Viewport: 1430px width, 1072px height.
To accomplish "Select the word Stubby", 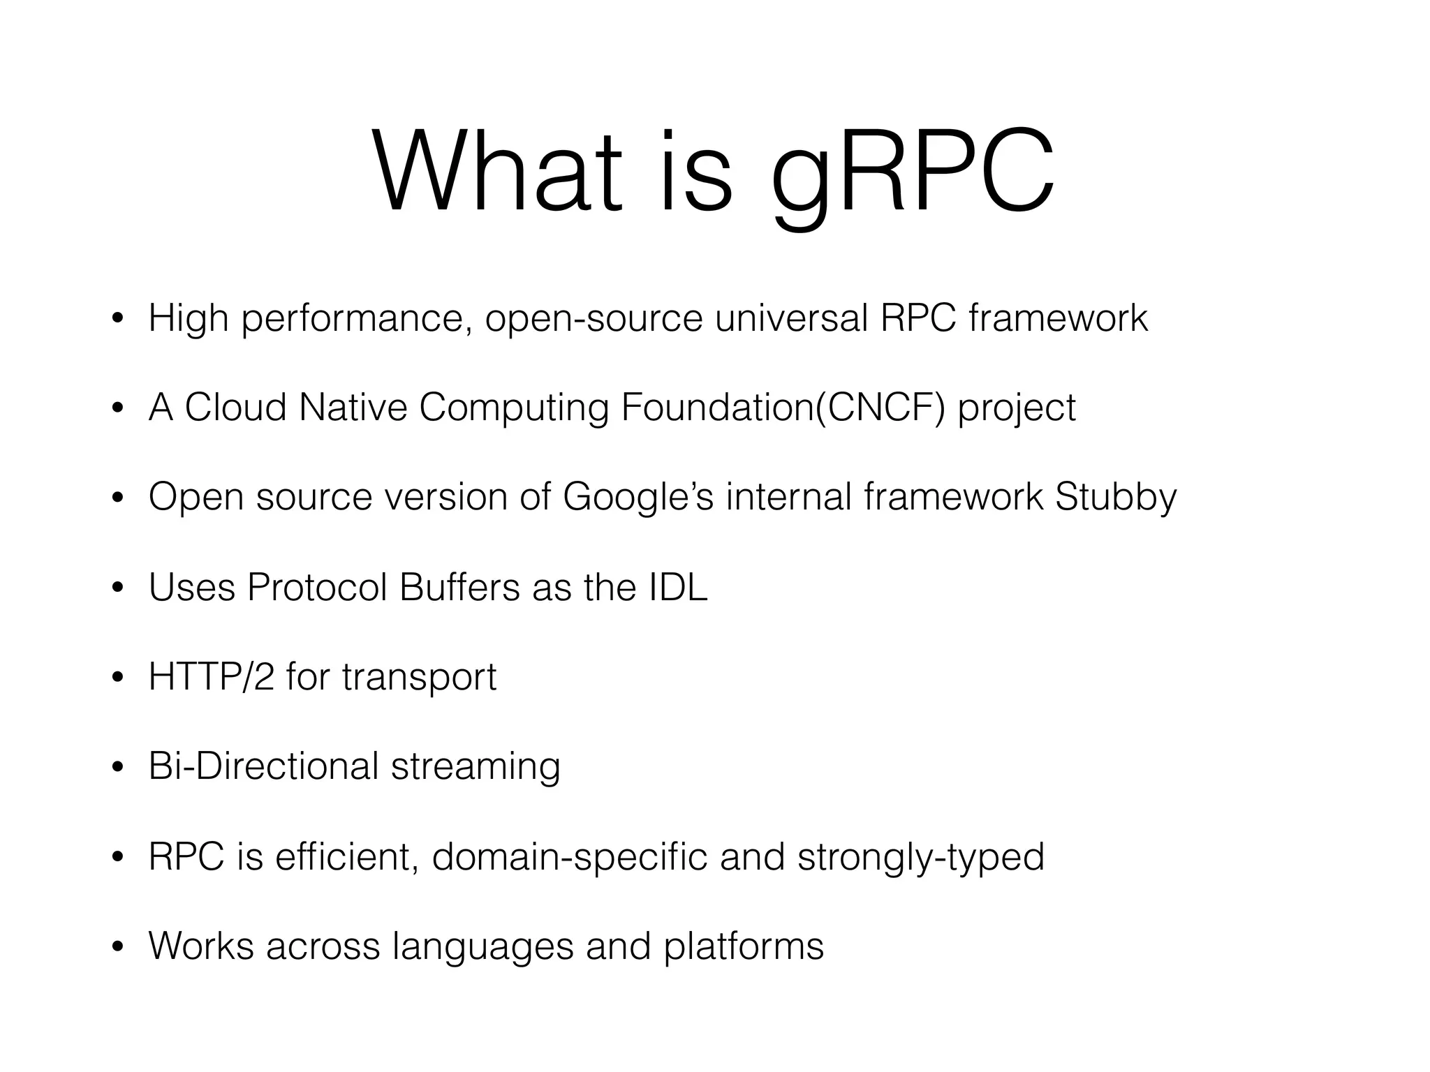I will (x=1115, y=498).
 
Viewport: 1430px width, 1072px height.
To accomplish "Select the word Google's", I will (x=638, y=498).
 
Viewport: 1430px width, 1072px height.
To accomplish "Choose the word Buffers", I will (x=459, y=587).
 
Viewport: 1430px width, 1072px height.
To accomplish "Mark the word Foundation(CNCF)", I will (x=783, y=408).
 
